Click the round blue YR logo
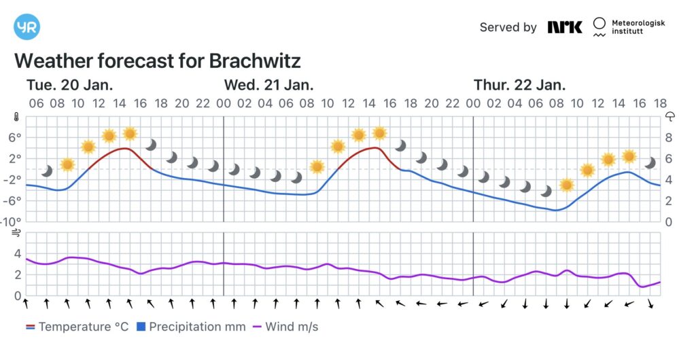[x=27, y=27]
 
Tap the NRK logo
[x=565, y=27]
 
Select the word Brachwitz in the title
[x=255, y=60]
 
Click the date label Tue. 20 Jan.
[x=69, y=85]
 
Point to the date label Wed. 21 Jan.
[x=268, y=85]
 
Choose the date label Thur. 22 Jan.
[x=519, y=85]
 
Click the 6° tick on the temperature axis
[x=14, y=137]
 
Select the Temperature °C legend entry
[x=77, y=327]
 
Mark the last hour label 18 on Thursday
[x=659, y=103]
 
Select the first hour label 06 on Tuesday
[x=36, y=103]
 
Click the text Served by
[x=508, y=27]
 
